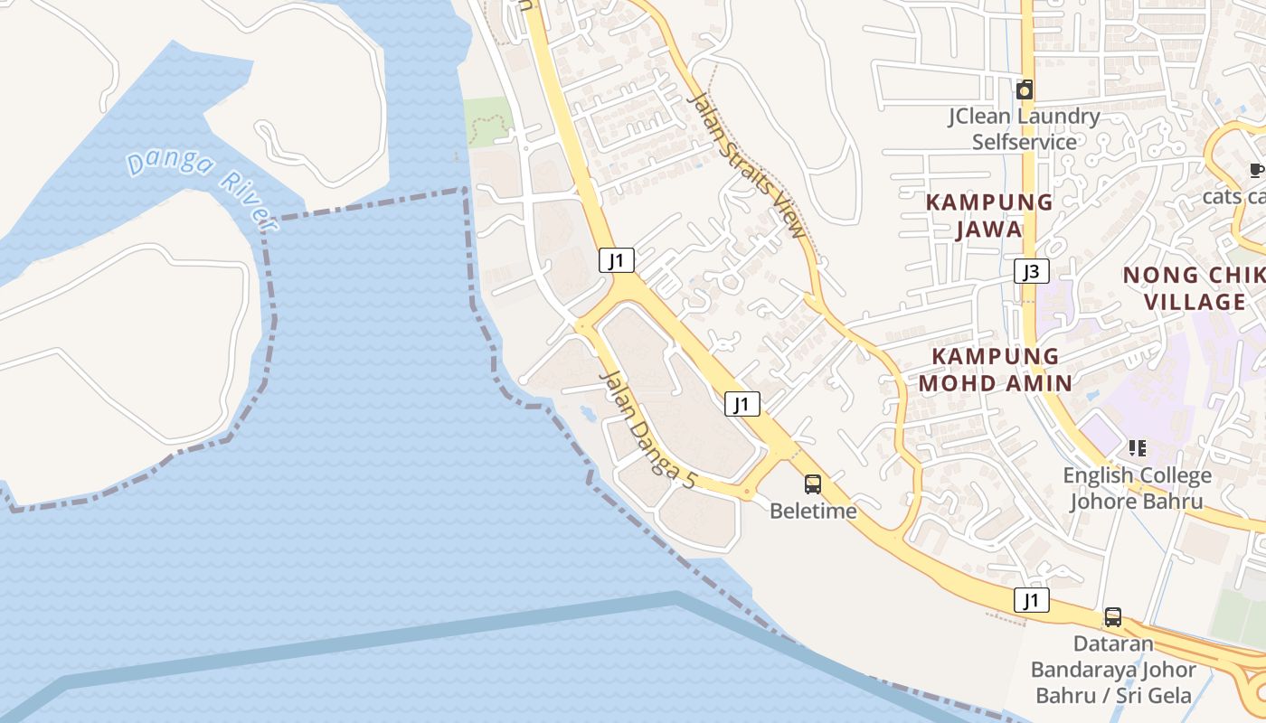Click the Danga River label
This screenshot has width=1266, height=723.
pos(200,189)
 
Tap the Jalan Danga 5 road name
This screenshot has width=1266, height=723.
pos(647,430)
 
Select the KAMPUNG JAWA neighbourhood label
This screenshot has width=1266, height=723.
pos(989,215)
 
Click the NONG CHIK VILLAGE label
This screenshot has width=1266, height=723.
pos(1195,288)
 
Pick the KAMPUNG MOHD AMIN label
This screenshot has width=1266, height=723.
pos(995,369)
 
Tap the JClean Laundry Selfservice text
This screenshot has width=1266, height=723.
pos(1024,128)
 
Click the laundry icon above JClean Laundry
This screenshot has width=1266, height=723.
pos(1025,89)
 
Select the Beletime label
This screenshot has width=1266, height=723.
pos(813,511)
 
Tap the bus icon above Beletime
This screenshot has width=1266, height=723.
pos(813,484)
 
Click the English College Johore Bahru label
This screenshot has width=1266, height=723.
pos(1137,488)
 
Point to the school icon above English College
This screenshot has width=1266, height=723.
pos(1137,448)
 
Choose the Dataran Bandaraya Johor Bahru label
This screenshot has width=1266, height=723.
pos(1113,670)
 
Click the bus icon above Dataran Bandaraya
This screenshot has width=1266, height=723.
pos(1113,617)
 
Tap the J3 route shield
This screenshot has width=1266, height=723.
pos(1031,271)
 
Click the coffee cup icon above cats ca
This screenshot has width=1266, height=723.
pos(1255,170)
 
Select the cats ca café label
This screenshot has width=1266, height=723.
pos(1233,196)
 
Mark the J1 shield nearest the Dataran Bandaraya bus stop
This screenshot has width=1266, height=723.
pos(1031,600)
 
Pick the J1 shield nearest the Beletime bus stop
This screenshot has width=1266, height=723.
pos(742,404)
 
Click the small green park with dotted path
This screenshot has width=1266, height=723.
pos(488,122)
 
